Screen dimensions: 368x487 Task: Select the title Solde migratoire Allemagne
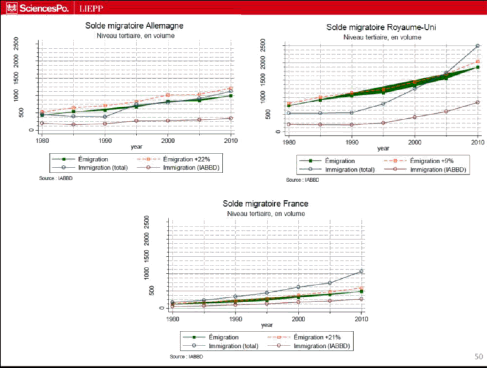pos(134,26)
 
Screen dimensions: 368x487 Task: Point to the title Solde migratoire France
pos(265,203)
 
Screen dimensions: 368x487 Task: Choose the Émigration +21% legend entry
pos(316,337)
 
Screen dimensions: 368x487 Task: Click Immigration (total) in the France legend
pos(233,345)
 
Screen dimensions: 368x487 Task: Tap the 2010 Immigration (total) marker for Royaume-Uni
pos(477,46)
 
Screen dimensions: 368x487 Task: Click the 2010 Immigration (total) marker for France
pos(361,271)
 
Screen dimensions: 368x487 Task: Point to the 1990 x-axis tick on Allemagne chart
pos(105,140)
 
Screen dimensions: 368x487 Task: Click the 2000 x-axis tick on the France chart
pos(298,318)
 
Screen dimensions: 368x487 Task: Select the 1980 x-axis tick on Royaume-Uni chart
pos(289,141)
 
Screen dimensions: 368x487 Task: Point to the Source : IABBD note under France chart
pos(185,356)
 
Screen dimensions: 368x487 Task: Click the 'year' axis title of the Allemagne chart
pos(137,146)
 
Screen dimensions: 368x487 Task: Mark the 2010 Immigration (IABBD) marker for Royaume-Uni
pos(477,102)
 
